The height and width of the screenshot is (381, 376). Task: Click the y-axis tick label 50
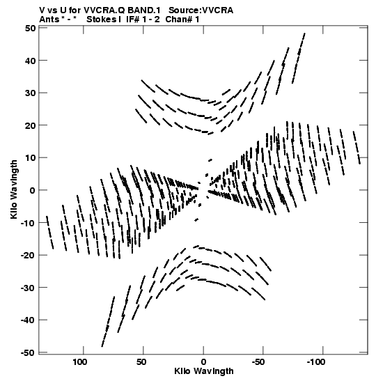click(30, 28)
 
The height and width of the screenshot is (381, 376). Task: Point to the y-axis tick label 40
click(30, 61)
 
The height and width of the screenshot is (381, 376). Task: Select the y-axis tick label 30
click(30, 93)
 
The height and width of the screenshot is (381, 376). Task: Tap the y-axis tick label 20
click(30, 125)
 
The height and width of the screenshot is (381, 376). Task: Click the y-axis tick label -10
click(28, 223)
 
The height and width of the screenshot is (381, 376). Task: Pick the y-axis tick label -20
click(28, 256)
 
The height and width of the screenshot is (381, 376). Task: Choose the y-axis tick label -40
click(28, 320)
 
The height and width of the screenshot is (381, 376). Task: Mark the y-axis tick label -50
click(28, 353)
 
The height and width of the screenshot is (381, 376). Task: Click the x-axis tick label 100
click(80, 362)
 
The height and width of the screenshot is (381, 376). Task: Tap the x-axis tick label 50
click(141, 362)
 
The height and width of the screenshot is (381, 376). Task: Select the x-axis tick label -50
click(258, 362)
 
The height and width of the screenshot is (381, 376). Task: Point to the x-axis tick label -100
click(316, 362)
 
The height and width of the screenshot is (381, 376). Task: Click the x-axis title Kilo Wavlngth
click(204, 371)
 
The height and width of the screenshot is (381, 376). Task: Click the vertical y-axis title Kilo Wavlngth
click(14, 189)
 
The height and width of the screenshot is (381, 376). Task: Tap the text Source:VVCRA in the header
click(201, 10)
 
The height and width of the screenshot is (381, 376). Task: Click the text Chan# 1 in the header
click(182, 20)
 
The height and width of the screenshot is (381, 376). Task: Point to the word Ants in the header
click(49, 20)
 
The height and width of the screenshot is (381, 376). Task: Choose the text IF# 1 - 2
click(143, 20)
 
